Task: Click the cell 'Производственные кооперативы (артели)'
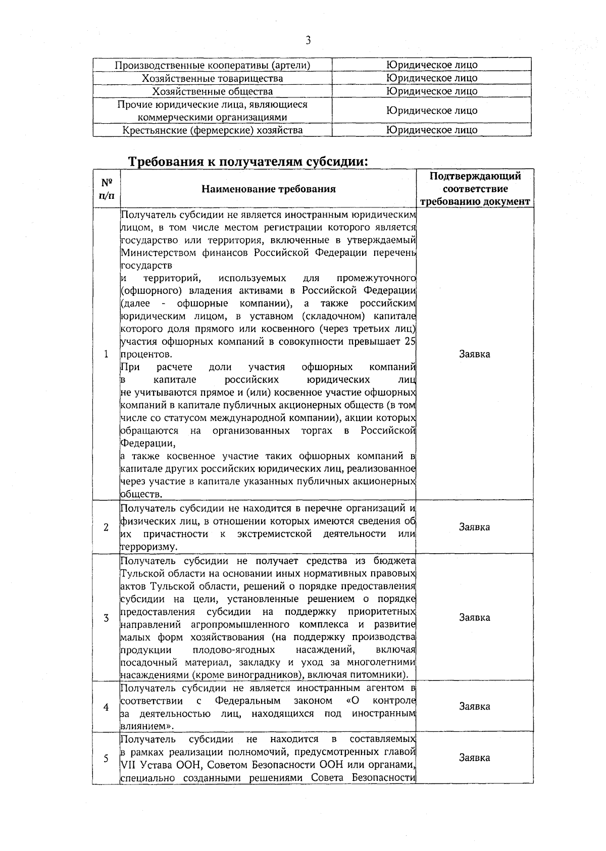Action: [x=212, y=65]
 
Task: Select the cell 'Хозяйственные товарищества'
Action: [x=212, y=78]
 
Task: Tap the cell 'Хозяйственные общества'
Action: [x=212, y=91]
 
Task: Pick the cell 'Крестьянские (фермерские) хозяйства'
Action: [x=212, y=130]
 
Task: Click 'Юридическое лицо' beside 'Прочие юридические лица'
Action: [x=432, y=111]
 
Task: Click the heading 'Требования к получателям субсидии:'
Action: [x=247, y=162]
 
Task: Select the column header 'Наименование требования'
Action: [x=268, y=189]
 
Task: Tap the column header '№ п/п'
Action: [x=106, y=189]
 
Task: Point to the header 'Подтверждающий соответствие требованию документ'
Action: [x=475, y=189]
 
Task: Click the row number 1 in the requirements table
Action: [x=106, y=354]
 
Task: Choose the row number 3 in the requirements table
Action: [x=106, y=618]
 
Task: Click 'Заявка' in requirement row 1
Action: [x=475, y=354]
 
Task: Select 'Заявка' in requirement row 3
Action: [x=475, y=618]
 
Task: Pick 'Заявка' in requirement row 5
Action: [x=475, y=758]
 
